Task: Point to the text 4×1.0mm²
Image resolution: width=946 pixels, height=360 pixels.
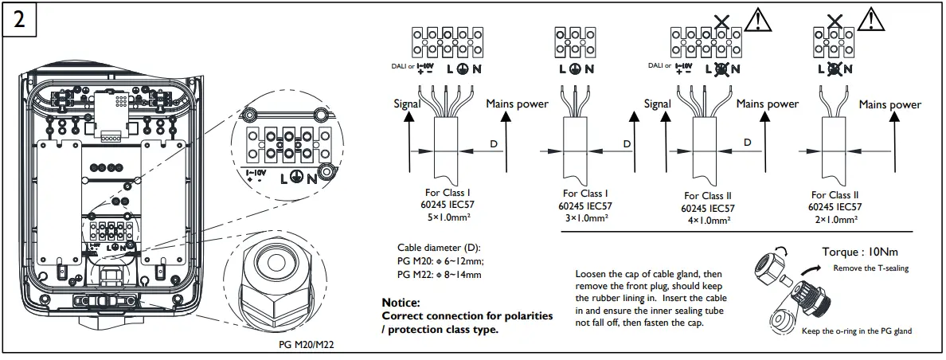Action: coord(708,220)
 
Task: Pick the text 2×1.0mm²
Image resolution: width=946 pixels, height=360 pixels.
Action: coord(835,219)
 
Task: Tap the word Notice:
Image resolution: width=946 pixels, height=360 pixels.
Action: coord(401,303)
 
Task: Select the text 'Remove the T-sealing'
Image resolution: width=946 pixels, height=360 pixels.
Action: coord(870,268)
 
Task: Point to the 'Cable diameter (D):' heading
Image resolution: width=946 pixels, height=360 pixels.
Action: coord(439,247)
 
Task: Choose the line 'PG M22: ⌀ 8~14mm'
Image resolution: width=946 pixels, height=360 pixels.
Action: coord(440,275)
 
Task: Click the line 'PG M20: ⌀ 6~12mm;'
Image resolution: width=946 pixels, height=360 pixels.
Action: coord(440,261)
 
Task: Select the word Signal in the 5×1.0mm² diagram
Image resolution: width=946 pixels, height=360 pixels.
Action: coord(408,104)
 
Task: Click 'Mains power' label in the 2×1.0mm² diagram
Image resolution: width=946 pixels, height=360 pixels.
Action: coord(889,104)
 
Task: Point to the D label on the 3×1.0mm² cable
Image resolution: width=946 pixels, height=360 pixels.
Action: coord(627,143)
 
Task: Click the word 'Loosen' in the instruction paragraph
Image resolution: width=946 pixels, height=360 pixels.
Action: coord(591,274)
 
